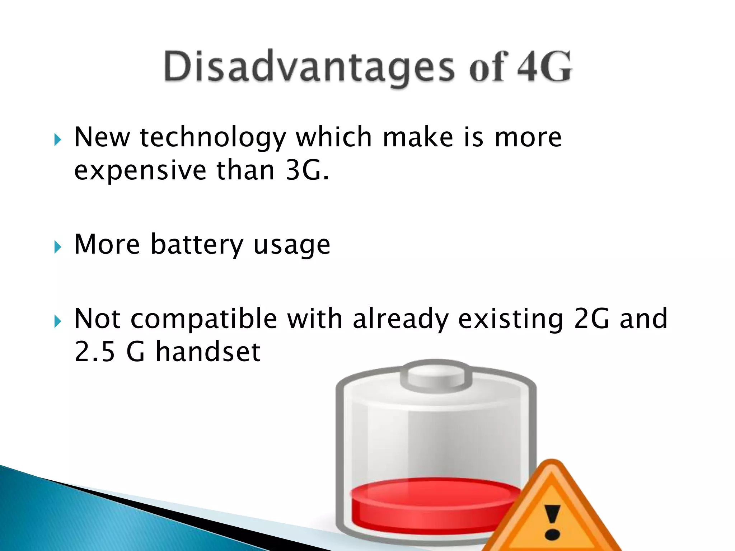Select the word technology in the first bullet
click(213, 138)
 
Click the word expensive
click(140, 171)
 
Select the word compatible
click(204, 319)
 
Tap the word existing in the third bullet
click(510, 319)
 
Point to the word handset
click(208, 352)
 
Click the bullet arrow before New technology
click(58, 140)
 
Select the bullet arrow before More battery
click(58, 247)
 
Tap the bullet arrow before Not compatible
click(58, 321)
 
